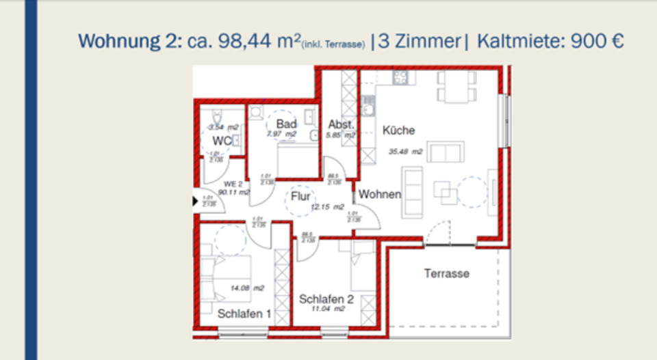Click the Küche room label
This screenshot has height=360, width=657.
(x=399, y=130)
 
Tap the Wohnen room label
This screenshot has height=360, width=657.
(x=380, y=195)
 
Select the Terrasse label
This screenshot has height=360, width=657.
(x=446, y=273)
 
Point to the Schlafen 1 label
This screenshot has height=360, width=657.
(x=244, y=314)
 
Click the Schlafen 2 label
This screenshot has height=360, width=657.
(x=326, y=299)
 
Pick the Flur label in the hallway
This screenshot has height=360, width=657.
(x=300, y=197)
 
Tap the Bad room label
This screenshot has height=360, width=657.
(x=286, y=124)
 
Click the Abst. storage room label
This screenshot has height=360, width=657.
(x=340, y=124)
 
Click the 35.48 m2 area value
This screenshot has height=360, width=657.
(x=406, y=152)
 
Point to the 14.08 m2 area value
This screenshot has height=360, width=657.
(x=248, y=288)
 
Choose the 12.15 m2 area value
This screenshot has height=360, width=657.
(x=328, y=207)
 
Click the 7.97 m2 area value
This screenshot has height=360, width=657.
(x=282, y=134)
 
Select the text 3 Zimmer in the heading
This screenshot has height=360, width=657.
(x=420, y=41)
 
